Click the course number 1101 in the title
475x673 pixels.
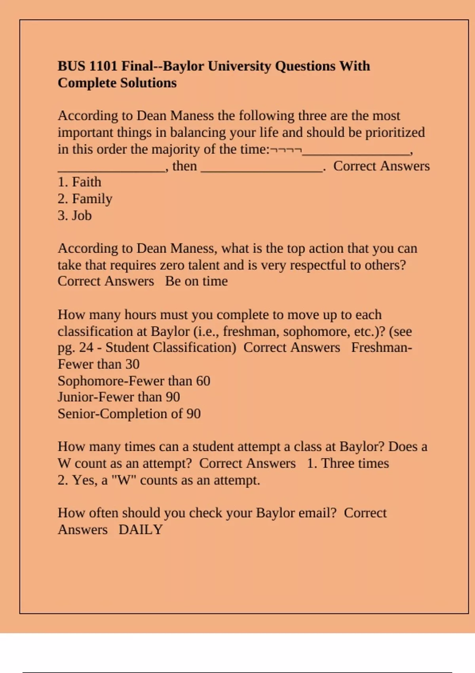coord(103,66)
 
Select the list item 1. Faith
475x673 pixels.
coord(79,182)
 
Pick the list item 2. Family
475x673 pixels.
coord(85,199)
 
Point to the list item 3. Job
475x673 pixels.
coord(74,215)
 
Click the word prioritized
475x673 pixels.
coord(395,132)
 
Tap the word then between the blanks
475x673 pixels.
coord(184,166)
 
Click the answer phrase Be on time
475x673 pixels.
coord(196,281)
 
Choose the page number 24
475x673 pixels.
coord(86,348)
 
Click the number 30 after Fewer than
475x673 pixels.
coord(132,364)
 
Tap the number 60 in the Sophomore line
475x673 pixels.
coord(203,381)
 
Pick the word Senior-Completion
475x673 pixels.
coord(112,414)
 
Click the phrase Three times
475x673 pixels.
coord(355,463)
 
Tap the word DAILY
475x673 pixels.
coord(141,530)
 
